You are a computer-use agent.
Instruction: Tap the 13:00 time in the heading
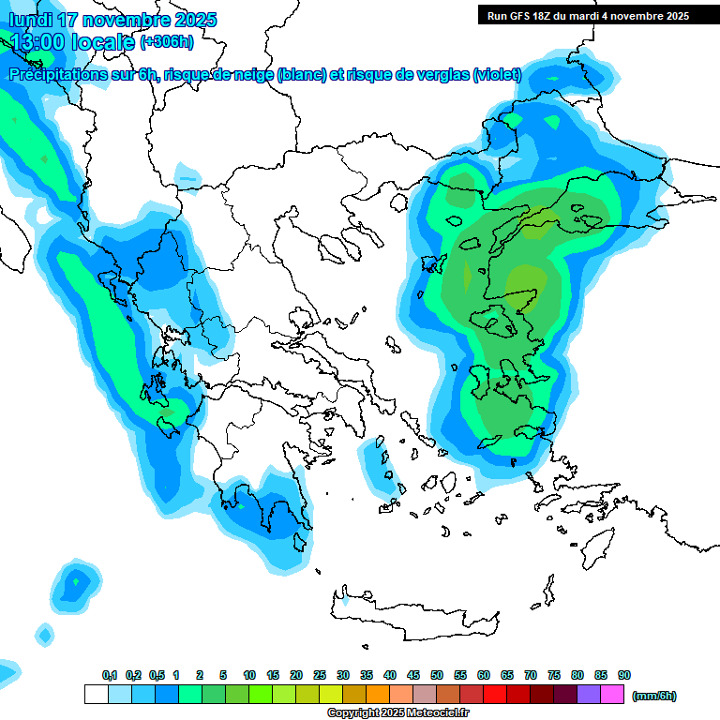pyautogui.click(x=37, y=42)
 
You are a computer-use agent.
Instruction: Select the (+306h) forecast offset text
pyautogui.click(x=166, y=41)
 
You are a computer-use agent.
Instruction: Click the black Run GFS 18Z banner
pyautogui.click(x=586, y=15)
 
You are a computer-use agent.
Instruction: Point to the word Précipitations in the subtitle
pyautogui.click(x=56, y=75)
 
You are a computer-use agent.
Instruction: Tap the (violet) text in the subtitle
pyautogui.click(x=497, y=75)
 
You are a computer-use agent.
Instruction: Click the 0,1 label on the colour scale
pyautogui.click(x=110, y=675)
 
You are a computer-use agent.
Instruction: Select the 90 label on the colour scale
pyautogui.click(x=624, y=675)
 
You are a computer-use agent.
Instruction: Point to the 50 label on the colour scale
pyautogui.click(x=437, y=675)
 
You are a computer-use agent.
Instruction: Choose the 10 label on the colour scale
pyautogui.click(x=249, y=675)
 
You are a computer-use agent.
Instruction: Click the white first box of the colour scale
pyautogui.click(x=96, y=694)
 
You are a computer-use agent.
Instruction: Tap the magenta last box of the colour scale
pyautogui.click(x=612, y=694)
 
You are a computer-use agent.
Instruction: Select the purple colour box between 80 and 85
pyautogui.click(x=589, y=694)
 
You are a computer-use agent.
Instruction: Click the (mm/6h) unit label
pyautogui.click(x=653, y=696)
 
